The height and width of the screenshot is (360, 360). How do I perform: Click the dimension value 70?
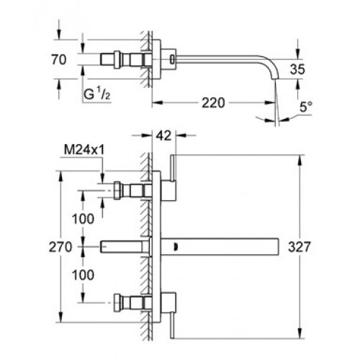click(59, 60)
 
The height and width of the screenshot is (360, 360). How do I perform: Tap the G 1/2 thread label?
click(96, 94)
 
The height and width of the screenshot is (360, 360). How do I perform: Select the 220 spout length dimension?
click(213, 103)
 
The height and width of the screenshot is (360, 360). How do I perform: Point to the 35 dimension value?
click(297, 69)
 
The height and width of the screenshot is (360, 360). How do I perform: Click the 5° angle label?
click(306, 107)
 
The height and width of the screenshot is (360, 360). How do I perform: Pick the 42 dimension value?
click(164, 135)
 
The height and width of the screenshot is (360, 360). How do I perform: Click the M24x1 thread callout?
click(84, 150)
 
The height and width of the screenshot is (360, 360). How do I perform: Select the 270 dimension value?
click(60, 247)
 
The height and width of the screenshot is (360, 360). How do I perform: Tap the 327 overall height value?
click(300, 247)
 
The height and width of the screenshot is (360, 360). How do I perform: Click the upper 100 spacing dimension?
click(83, 219)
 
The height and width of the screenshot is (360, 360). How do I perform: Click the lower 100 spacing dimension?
click(83, 275)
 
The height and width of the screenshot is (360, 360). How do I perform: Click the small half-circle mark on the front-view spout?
click(175, 247)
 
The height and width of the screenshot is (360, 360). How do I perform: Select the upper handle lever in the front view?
click(173, 168)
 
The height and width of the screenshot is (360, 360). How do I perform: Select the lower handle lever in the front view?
click(172, 325)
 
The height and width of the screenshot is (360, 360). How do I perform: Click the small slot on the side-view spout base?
click(172, 59)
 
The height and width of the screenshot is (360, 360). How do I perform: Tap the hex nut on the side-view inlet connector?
click(117, 60)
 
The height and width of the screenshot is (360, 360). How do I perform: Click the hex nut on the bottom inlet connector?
click(117, 303)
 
